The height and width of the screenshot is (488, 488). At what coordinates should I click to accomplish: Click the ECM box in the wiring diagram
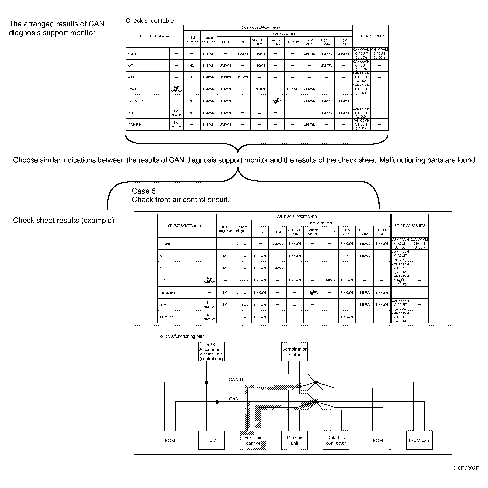point(170,440)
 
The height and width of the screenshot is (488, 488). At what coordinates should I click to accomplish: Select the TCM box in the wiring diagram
point(211,440)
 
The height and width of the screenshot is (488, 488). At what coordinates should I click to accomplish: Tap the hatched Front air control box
point(253,440)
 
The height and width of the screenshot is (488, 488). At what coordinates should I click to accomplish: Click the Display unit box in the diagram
point(294,440)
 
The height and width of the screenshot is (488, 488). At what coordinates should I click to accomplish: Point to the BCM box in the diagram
point(378,440)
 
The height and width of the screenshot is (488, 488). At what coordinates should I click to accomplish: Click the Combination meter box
point(294,352)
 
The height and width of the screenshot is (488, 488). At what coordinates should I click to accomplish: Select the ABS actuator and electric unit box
point(211,352)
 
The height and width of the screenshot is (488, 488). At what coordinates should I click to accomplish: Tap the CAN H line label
point(236,379)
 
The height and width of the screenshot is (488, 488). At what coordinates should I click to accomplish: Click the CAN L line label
point(236,399)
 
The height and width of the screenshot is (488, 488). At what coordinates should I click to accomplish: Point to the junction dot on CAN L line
point(217,402)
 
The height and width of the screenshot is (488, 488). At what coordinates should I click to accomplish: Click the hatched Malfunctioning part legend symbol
point(157,336)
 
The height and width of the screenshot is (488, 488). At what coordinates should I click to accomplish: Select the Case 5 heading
point(144,191)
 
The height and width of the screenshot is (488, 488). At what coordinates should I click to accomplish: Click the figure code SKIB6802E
point(466,468)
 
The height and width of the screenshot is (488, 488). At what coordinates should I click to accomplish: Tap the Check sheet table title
point(150,21)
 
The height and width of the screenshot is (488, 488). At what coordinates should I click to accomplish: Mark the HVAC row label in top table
point(132,89)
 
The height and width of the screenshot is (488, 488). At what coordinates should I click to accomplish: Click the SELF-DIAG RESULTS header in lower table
point(409,226)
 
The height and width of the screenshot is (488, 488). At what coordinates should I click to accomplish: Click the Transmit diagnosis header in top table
point(208,40)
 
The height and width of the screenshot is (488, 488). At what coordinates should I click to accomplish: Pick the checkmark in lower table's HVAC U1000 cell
point(400,280)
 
